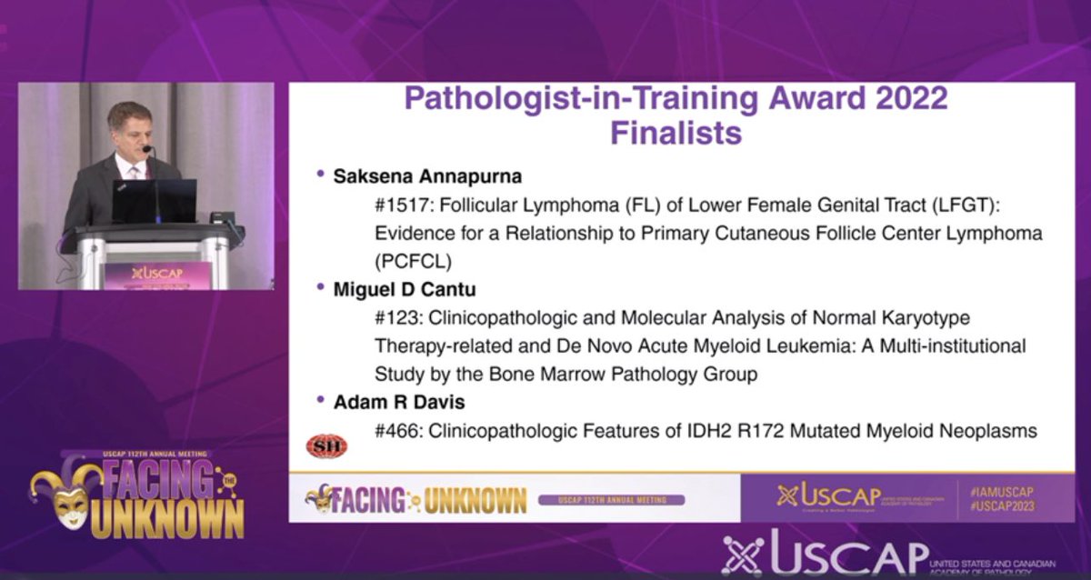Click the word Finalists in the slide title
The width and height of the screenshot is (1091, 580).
(x=676, y=133)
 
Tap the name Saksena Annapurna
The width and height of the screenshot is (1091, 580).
(x=422, y=175)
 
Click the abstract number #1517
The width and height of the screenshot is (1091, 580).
(x=401, y=205)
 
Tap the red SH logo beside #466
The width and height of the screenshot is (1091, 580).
(x=326, y=445)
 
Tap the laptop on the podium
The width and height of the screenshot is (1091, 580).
(x=154, y=201)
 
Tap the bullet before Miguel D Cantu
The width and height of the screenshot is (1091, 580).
(x=320, y=286)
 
